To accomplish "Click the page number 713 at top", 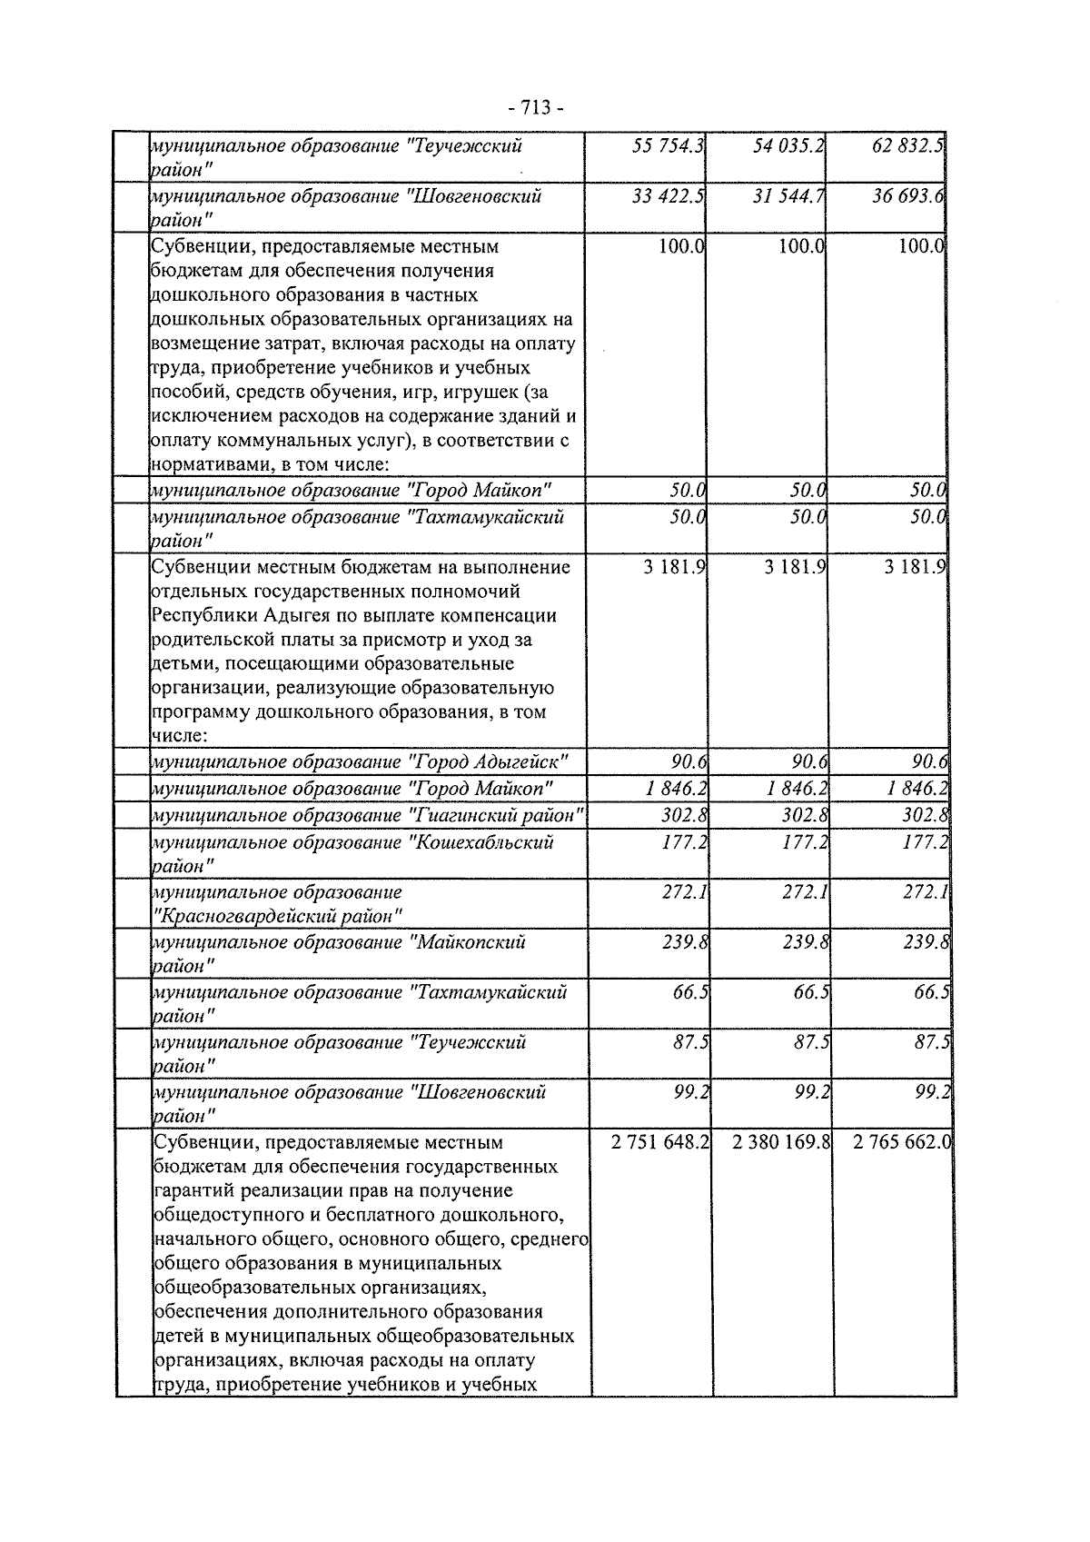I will (536, 108).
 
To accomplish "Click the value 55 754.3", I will (669, 145).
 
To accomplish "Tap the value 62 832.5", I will (908, 145).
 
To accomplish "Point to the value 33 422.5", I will (669, 195).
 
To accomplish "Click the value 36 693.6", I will (908, 195).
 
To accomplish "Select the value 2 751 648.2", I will (660, 1141).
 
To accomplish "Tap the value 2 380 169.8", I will (781, 1141).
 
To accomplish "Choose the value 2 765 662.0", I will (901, 1141).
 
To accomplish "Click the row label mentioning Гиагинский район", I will (368, 815).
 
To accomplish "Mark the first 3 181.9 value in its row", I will (675, 567).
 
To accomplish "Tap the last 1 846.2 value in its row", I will (917, 788).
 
